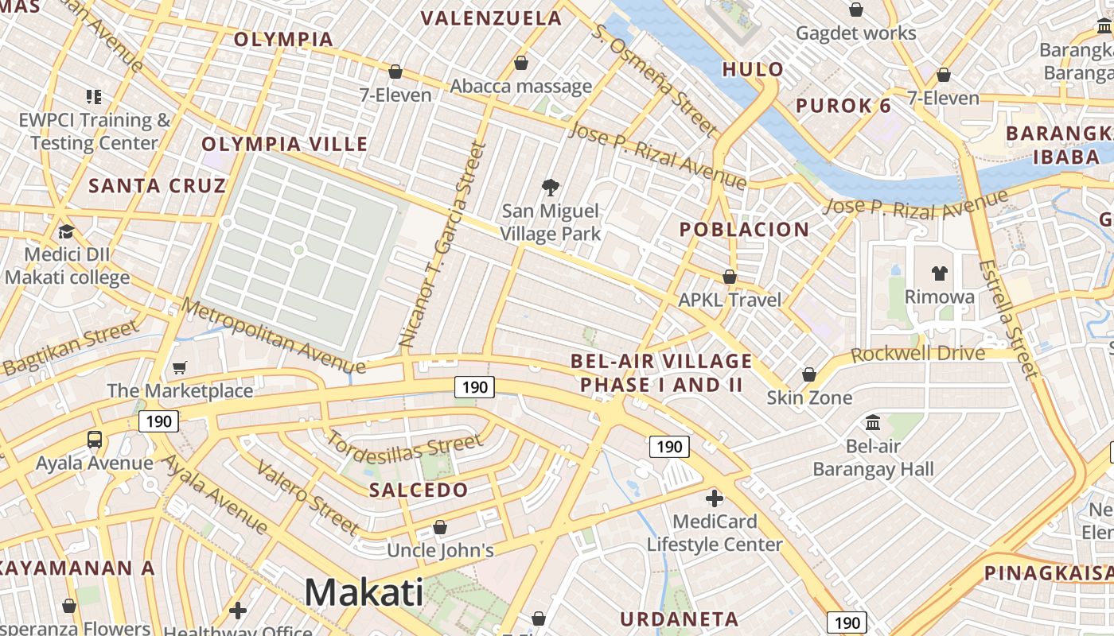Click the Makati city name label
click(364, 592)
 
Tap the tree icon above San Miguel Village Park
click(550, 188)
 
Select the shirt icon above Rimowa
click(940, 273)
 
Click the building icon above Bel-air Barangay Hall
click(873, 422)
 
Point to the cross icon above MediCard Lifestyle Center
click(715, 498)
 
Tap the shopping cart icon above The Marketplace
click(180, 367)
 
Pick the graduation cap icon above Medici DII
click(66, 231)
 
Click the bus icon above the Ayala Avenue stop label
click(94, 439)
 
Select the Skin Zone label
click(809, 397)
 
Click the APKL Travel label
click(730, 300)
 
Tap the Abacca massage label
click(521, 86)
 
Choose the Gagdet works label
click(856, 33)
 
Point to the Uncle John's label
click(440, 550)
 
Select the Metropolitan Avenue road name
click(274, 335)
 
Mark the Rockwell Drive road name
click(917, 354)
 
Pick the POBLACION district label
click(744, 230)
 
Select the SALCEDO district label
click(419, 490)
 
